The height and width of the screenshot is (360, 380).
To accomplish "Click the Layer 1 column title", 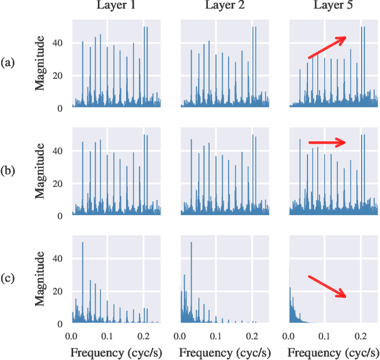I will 116,7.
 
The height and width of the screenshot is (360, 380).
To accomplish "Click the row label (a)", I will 8,63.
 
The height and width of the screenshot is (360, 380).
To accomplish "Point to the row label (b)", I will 8,171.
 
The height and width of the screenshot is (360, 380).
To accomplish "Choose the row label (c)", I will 8,279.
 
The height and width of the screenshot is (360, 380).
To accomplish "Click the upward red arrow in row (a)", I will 327,47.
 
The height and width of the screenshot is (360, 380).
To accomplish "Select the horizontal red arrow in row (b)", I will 327,142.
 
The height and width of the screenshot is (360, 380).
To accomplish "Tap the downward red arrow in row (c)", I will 327,286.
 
